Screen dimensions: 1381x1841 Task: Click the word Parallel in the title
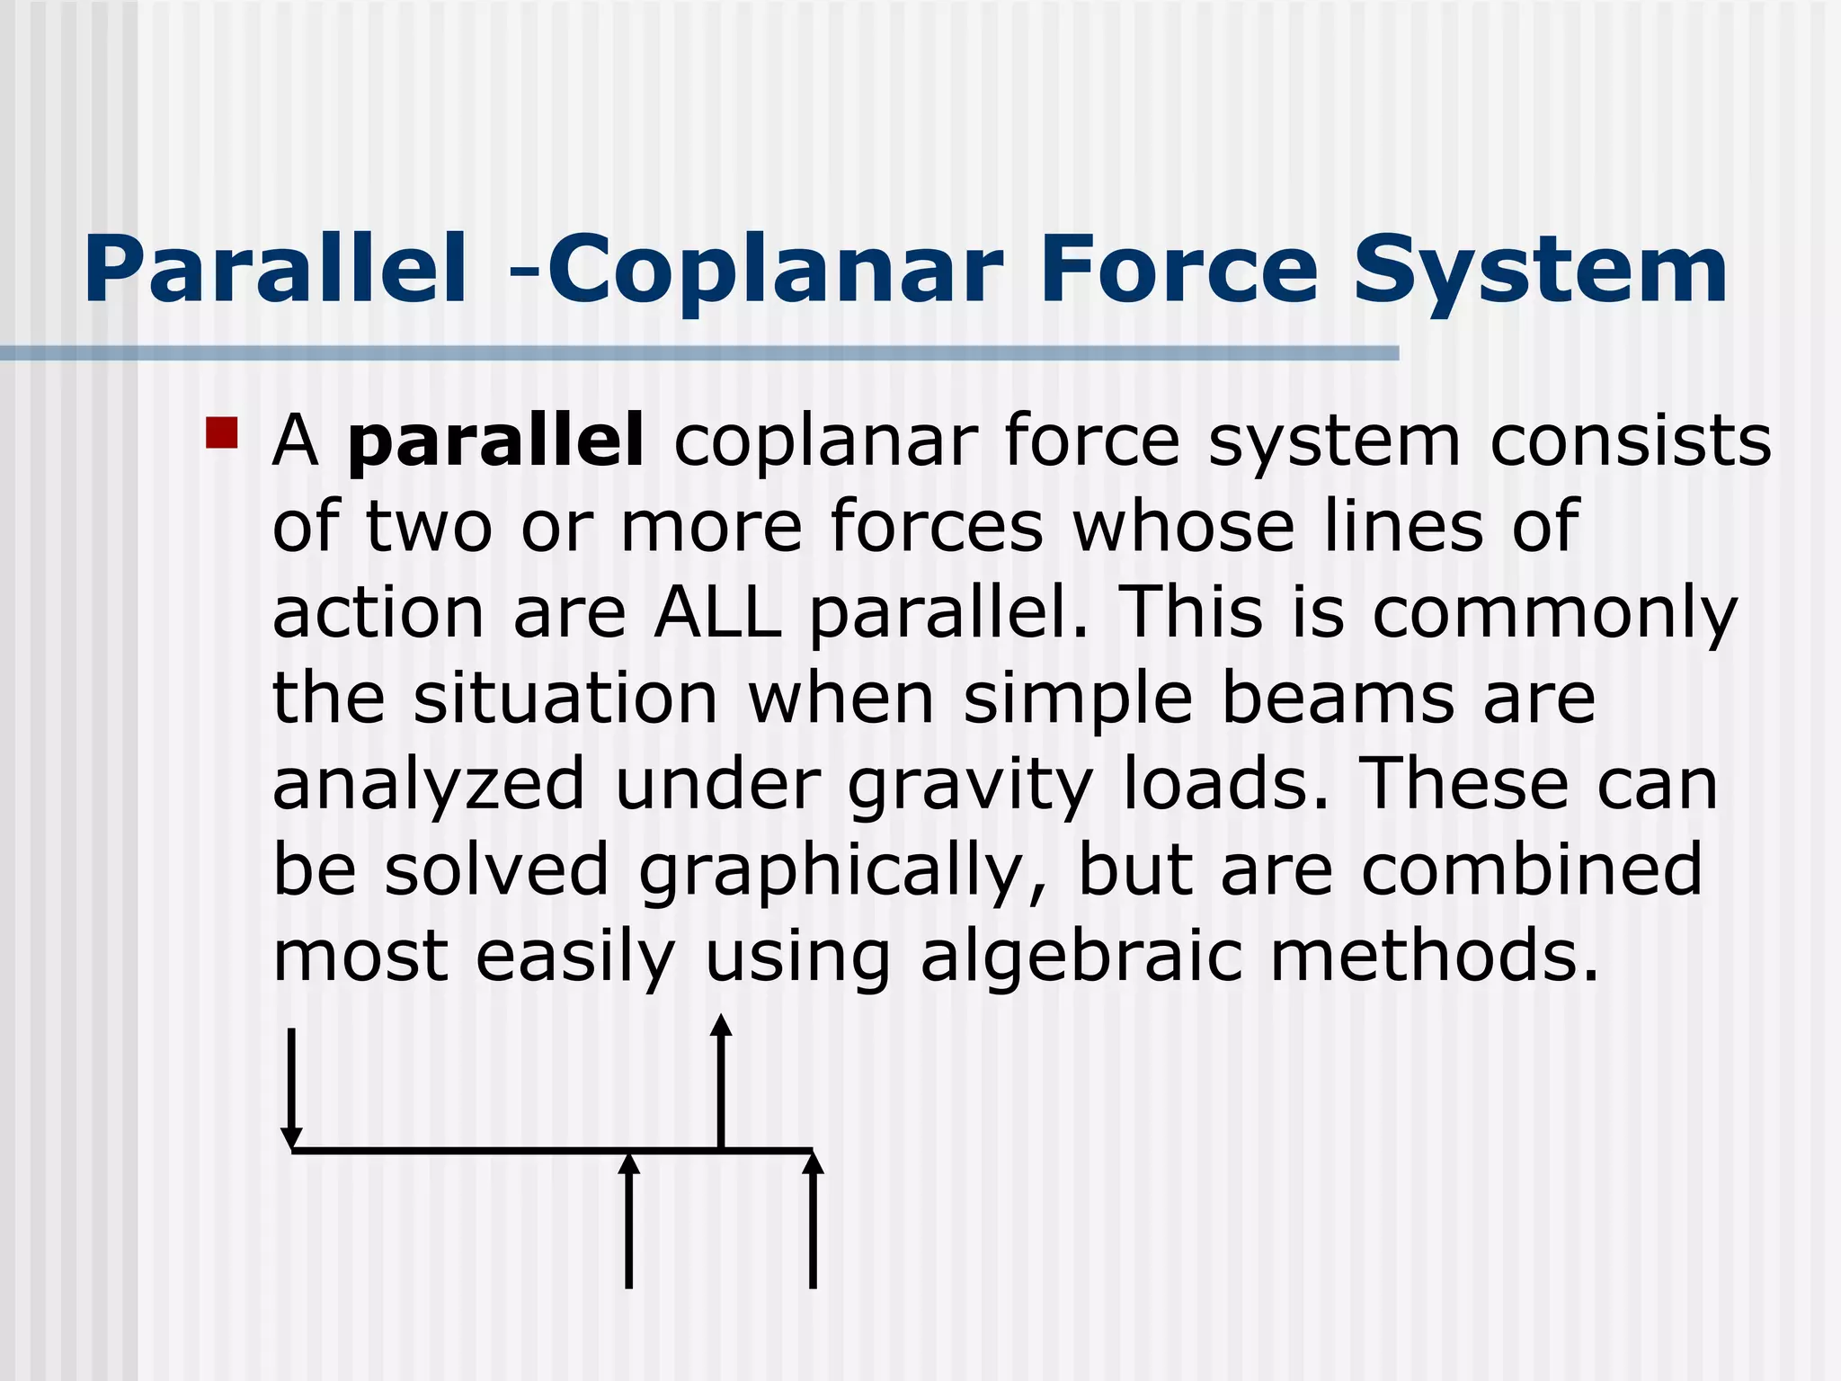coord(275,270)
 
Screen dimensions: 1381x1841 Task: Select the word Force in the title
coord(1178,270)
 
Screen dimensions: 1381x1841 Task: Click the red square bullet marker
coord(221,432)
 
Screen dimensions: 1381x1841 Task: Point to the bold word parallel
coord(495,441)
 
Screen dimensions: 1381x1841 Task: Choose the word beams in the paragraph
coord(1338,699)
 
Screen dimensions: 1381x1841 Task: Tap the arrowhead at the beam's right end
coord(813,1163)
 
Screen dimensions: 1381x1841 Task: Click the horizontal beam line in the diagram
coord(467,1150)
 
